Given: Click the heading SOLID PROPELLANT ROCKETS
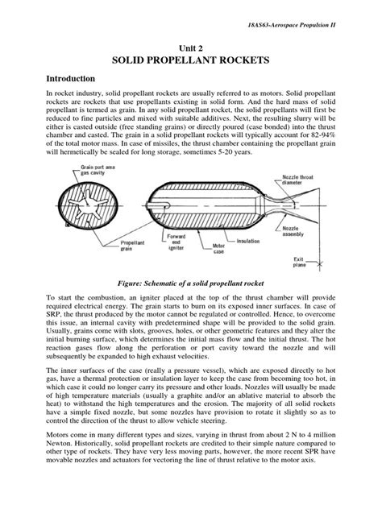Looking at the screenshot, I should (x=190, y=61).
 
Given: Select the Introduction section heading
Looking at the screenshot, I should (x=78, y=79).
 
